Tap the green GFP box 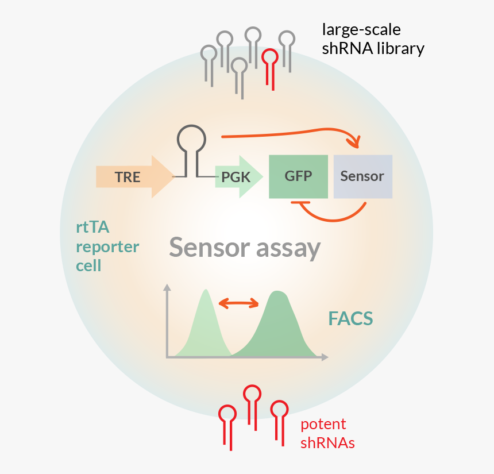point(298,176)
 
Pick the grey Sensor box point(362,176)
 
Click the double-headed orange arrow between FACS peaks point(238,303)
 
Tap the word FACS point(350,318)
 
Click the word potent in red point(323,425)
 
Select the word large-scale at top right point(361,29)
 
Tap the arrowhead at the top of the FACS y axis point(167,287)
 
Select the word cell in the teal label point(88,266)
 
